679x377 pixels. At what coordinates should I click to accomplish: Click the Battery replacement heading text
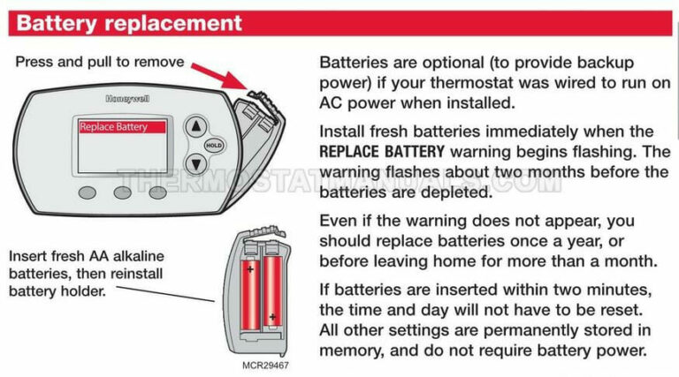[x=128, y=23]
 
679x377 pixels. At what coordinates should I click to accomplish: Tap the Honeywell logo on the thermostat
[x=127, y=100]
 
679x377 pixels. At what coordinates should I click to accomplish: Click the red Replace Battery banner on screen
[x=121, y=127]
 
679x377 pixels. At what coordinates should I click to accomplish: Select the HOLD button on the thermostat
[x=213, y=145]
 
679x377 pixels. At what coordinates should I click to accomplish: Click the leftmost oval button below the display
[x=87, y=192]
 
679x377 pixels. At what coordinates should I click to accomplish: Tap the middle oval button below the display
[x=122, y=192]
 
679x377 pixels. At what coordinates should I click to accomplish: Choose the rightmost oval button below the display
[x=157, y=192]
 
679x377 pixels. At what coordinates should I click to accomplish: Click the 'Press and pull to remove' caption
[x=100, y=62]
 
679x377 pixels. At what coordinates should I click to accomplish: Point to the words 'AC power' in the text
[x=356, y=103]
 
